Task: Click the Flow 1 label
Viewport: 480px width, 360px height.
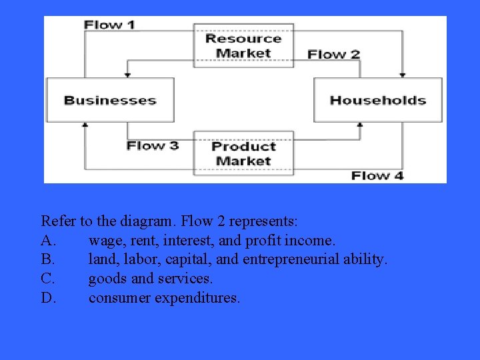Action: (x=109, y=25)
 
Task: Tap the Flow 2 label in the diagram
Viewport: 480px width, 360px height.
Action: (x=334, y=54)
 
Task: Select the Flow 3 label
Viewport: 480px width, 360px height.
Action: (x=153, y=145)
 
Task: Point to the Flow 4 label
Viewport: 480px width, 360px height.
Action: (x=377, y=175)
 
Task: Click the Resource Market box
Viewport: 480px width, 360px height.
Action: (x=243, y=45)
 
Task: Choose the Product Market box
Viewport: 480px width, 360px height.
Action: (x=243, y=153)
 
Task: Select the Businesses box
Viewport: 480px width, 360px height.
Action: (x=110, y=100)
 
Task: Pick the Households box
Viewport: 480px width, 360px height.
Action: (x=378, y=100)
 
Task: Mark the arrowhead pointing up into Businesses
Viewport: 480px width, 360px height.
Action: (x=85, y=125)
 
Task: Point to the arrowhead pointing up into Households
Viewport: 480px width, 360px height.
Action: (x=360, y=125)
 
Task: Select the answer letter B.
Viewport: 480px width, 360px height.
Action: (x=47, y=259)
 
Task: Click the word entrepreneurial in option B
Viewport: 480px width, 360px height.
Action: (x=291, y=259)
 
